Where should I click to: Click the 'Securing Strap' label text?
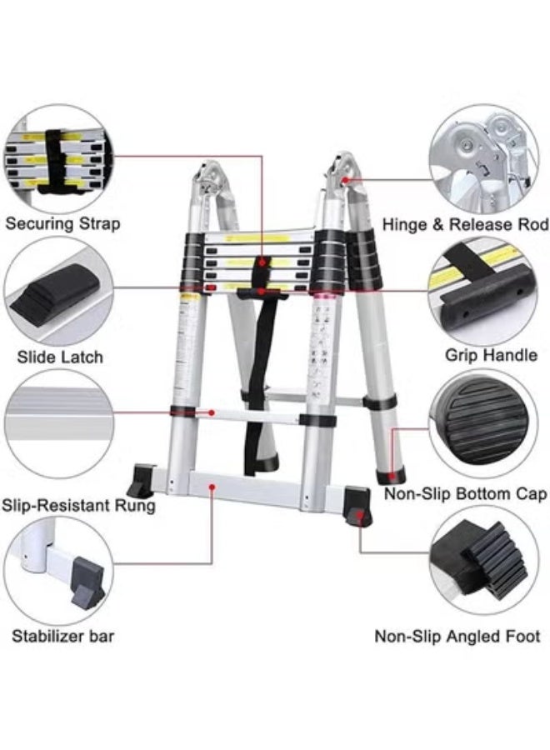(x=62, y=223)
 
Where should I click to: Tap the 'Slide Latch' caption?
(x=60, y=357)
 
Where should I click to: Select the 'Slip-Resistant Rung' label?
(x=78, y=505)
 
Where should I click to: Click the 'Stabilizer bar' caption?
(x=62, y=637)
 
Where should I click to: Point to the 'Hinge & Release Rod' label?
(x=465, y=224)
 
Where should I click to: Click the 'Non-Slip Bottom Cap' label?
(x=465, y=494)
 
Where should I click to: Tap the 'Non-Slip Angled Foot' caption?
(x=457, y=637)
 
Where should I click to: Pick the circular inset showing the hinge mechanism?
(x=483, y=158)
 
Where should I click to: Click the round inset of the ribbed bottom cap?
(x=483, y=425)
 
